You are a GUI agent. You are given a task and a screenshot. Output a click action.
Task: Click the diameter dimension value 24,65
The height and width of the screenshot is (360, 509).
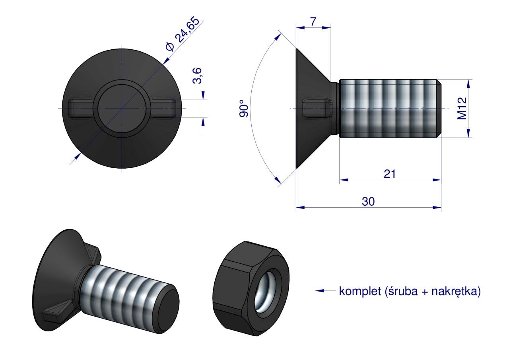pos(188,29)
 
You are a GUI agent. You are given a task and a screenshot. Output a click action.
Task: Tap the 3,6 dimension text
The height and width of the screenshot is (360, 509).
pos(197,76)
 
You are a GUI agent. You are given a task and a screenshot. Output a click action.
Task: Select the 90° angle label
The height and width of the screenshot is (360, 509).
pos(244,109)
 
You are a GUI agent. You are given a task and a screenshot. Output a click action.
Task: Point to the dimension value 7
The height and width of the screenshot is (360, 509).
pos(313,21)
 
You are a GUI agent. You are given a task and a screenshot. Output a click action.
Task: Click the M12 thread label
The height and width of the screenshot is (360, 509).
pos(462,109)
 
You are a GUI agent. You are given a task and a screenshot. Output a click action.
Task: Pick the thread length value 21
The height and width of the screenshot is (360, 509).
pos(390,174)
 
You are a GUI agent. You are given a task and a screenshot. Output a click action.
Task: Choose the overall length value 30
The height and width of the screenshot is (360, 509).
pos(368,202)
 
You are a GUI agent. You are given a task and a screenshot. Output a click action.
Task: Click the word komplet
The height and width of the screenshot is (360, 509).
pos(360,291)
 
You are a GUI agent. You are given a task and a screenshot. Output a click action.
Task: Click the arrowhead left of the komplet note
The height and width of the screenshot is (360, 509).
pos(319,291)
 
